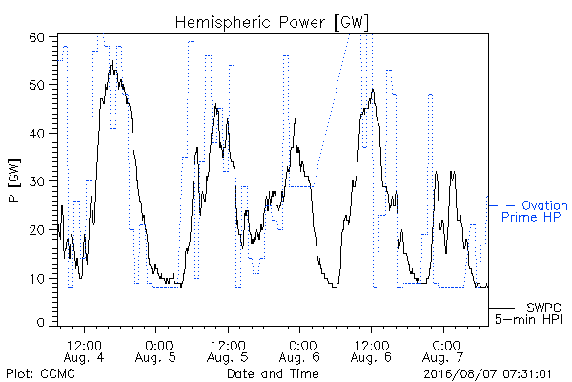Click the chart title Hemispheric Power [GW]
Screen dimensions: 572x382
pyautogui.click(x=272, y=23)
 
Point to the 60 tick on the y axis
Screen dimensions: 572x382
pyautogui.click(x=36, y=37)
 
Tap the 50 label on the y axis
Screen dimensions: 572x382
pyautogui.click(x=36, y=85)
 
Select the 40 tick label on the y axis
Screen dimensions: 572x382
pyautogui.click(x=36, y=134)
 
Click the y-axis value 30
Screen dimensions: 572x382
pyautogui.click(x=36, y=181)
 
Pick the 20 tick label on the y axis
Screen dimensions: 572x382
pyautogui.click(x=36, y=230)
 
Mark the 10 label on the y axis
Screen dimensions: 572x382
pyautogui.click(x=37, y=279)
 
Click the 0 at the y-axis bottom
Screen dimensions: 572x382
pyautogui.click(x=41, y=323)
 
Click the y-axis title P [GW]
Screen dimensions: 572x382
pyautogui.click(x=14, y=180)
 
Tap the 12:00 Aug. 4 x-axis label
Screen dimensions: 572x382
pyautogui.click(x=84, y=351)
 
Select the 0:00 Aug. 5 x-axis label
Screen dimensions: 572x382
pyautogui.click(x=155, y=351)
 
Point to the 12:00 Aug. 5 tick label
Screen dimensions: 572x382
pyautogui.click(x=228, y=351)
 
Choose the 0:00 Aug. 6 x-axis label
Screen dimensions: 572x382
pyautogui.click(x=299, y=351)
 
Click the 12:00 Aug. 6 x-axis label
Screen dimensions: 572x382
pyautogui.click(x=371, y=351)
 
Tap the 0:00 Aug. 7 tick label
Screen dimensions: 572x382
pyautogui.click(x=443, y=351)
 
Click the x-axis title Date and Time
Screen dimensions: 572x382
pyautogui.click(x=273, y=374)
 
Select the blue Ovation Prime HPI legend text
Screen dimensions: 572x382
pyautogui.click(x=535, y=211)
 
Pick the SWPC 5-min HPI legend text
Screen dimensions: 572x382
pyautogui.click(x=528, y=313)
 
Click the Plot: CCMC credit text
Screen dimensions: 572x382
pyautogui.click(x=40, y=374)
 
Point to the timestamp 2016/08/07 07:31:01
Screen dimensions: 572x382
pyautogui.click(x=487, y=374)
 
